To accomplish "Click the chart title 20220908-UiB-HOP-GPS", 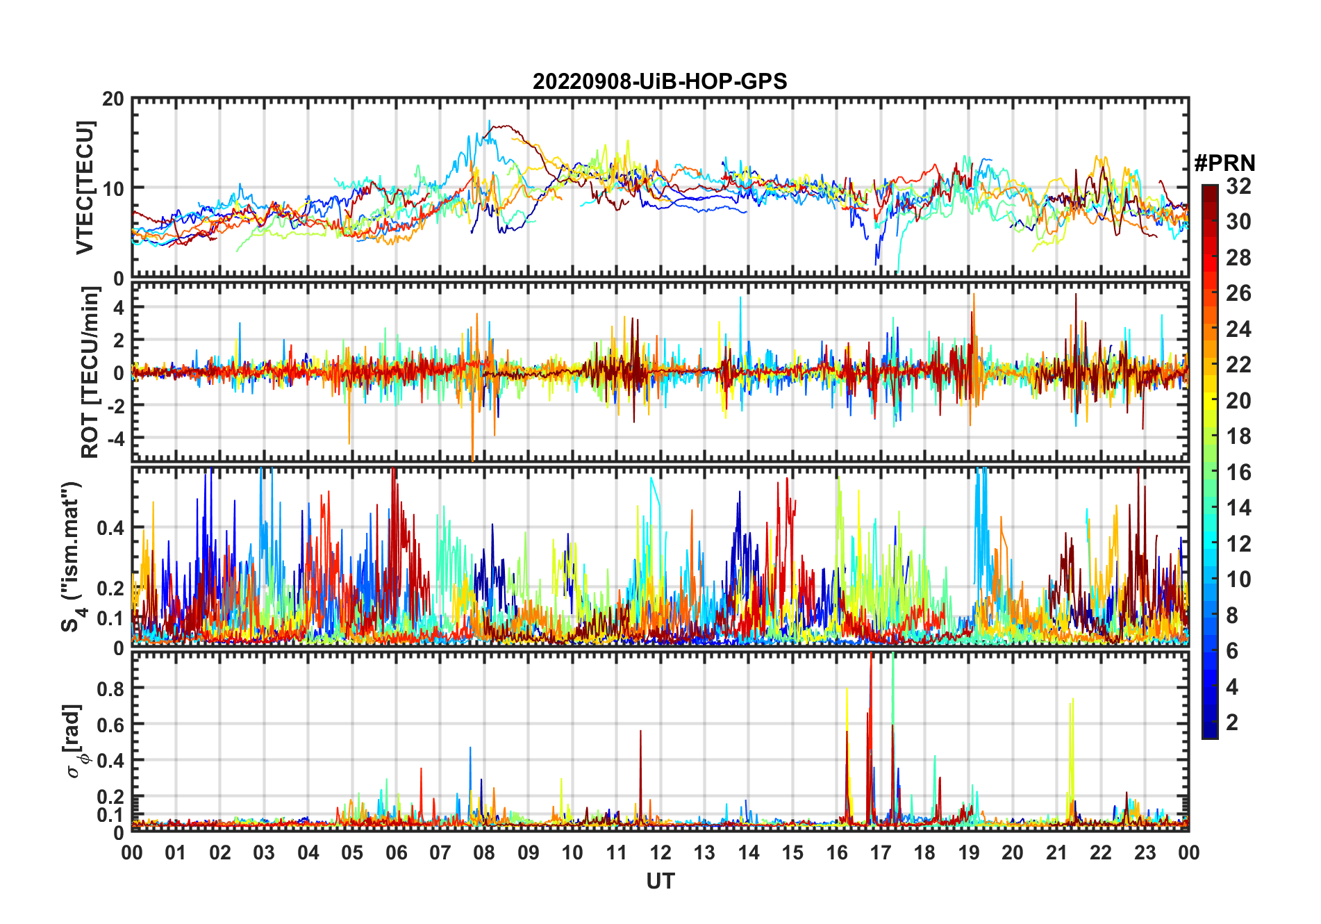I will coord(660,82).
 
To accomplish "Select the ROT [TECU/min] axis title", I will coord(90,372).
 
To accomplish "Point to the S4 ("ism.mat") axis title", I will coord(72,557).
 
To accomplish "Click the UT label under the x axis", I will coord(660,882).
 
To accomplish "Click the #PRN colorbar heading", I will coord(1224,163).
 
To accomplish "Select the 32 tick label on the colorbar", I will coord(1238,186).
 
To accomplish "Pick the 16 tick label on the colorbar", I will coord(1238,472).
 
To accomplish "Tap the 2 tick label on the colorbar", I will coord(1232,723).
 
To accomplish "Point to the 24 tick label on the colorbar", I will coord(1238,329).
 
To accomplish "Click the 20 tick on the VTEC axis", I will coord(114,99).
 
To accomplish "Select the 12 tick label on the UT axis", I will coord(660,852).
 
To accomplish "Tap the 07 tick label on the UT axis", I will coord(440,852).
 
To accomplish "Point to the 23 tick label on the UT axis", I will coord(1145,852).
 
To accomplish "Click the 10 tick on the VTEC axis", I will coord(114,188).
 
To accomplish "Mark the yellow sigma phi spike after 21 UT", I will coord(1072,702).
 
